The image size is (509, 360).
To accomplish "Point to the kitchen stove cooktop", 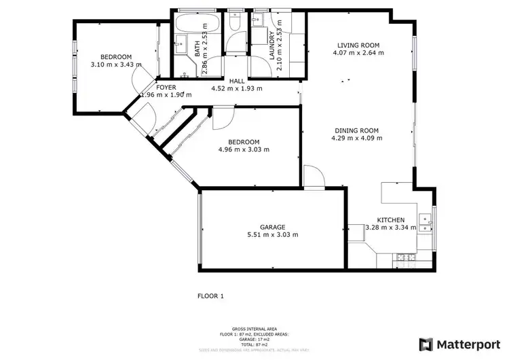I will pos(405,257).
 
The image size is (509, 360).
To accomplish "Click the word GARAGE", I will pos(271,227).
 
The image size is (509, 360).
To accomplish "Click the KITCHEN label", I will pos(391,220).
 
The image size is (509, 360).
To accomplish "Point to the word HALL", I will pos(236,81).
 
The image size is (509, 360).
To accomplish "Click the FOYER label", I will pos(166,87).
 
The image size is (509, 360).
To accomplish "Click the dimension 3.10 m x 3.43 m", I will pos(116,65).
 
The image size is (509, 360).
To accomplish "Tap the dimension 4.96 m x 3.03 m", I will pos(244,150).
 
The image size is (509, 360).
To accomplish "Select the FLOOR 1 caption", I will pos(210,296).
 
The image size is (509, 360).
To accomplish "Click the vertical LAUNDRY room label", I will pos(271,47).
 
